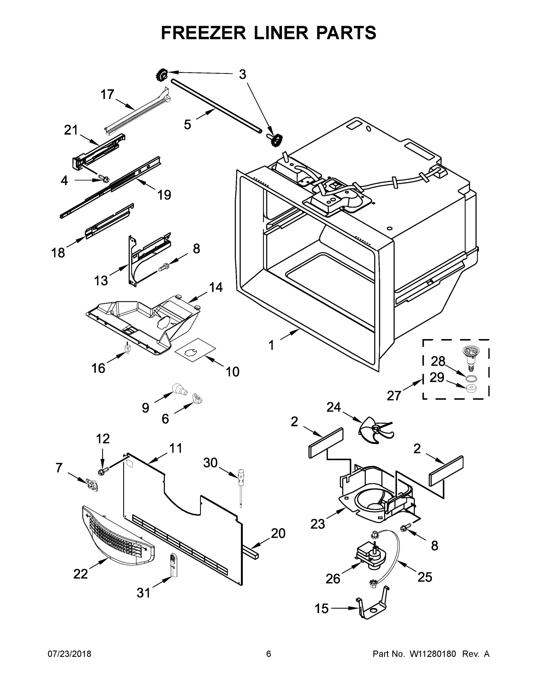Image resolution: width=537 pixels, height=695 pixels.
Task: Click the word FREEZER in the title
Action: (x=203, y=33)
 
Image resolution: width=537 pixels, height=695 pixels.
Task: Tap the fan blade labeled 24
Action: (x=376, y=430)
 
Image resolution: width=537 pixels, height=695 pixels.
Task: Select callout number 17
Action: (x=107, y=94)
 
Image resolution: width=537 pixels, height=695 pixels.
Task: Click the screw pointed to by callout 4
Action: (x=103, y=178)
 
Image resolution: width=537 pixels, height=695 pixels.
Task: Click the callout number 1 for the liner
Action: (x=271, y=345)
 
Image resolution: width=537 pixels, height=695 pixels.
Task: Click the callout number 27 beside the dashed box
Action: (x=393, y=396)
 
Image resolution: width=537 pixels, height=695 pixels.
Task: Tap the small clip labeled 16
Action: (x=128, y=349)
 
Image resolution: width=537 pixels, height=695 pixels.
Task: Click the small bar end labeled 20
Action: (x=253, y=554)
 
